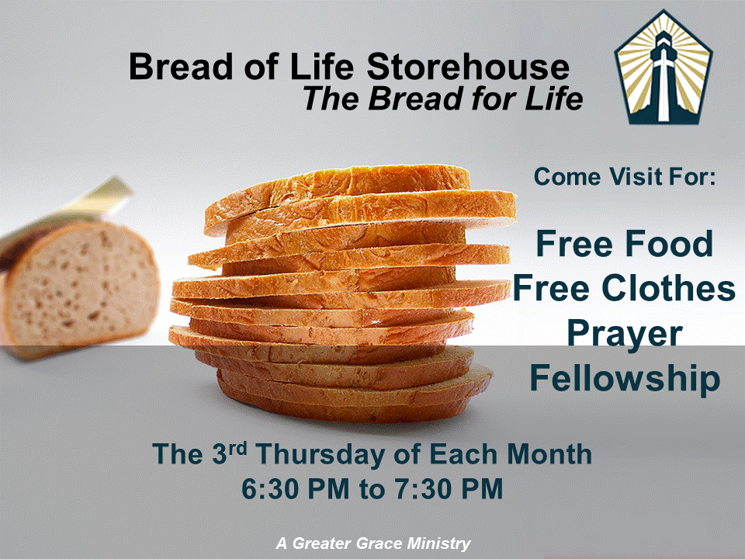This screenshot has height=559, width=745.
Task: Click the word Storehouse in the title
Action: tap(467, 67)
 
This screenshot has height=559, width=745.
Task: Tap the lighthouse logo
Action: tap(664, 67)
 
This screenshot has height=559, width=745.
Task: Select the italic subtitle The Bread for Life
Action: tap(443, 99)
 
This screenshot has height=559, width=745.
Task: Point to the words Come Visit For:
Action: tap(624, 177)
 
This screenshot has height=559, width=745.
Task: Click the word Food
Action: tap(669, 243)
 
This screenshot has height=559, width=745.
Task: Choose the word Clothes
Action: tap(668, 288)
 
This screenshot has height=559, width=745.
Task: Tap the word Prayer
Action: tap(624, 335)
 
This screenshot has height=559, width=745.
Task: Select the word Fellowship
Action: tap(625, 380)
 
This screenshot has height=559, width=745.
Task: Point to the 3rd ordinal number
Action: tap(229, 453)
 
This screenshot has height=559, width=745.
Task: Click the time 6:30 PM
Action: tap(296, 488)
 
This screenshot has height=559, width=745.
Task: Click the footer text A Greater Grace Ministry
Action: tap(373, 543)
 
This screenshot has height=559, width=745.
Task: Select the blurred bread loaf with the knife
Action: tap(78, 285)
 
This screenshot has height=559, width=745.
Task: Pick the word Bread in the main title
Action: tap(181, 67)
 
